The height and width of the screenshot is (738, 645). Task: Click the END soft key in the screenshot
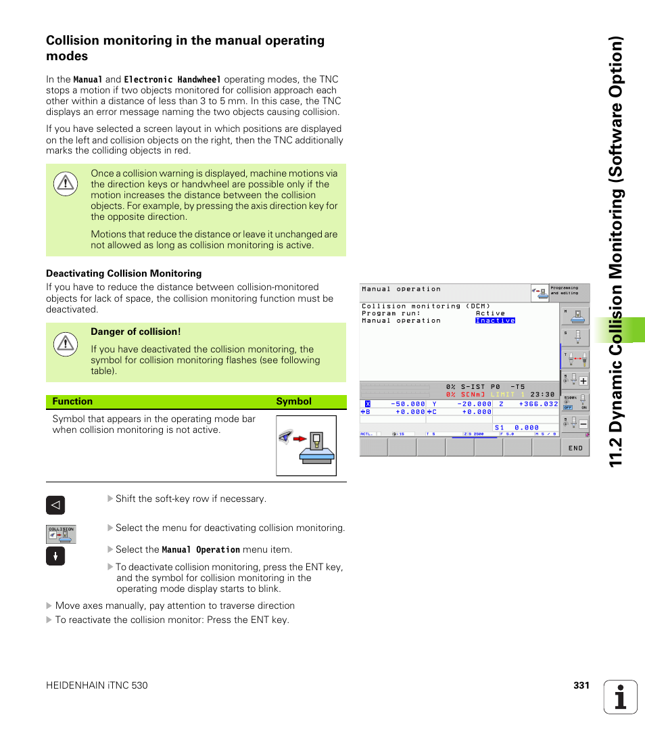click(575, 448)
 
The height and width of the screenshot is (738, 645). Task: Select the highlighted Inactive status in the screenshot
click(495, 321)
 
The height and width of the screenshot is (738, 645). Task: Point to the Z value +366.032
click(538, 404)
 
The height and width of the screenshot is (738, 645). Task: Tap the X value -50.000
click(408, 404)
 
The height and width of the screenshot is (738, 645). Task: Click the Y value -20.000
click(473, 404)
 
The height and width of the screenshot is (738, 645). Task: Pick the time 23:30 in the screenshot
click(542, 394)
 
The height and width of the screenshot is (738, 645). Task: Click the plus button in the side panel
click(583, 381)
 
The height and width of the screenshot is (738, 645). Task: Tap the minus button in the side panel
click(583, 424)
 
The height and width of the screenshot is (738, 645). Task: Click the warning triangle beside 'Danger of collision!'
click(65, 344)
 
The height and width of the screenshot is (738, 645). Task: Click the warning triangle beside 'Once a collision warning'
click(65, 183)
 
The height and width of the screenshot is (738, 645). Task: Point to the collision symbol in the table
click(306, 446)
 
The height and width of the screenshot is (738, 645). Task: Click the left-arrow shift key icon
click(55, 505)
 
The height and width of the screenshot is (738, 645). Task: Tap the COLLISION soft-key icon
click(61, 534)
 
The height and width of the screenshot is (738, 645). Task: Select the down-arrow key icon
click(55, 556)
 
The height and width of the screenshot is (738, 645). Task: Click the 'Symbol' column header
click(293, 402)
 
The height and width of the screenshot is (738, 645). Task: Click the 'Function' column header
click(72, 402)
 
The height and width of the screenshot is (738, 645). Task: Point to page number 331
click(581, 686)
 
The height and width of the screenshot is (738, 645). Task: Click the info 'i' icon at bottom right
click(621, 697)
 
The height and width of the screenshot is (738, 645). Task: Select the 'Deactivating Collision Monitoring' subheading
click(124, 274)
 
